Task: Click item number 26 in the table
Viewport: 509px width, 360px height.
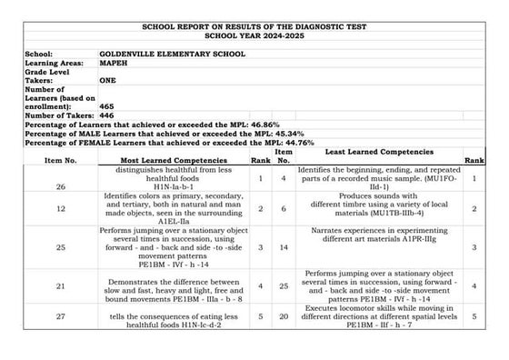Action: pyautogui.click(x=60, y=187)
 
